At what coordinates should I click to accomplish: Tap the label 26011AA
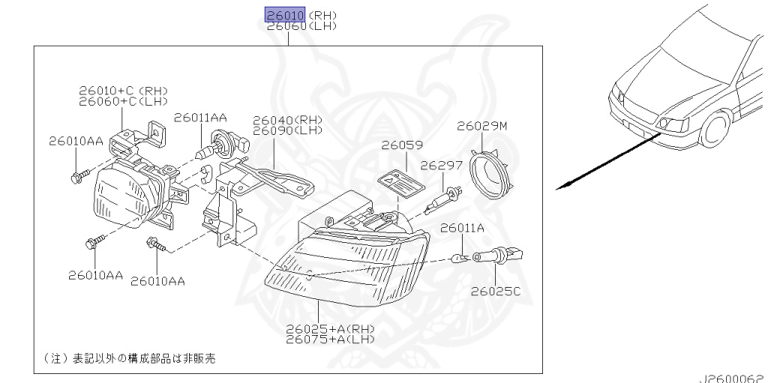(x=200, y=117)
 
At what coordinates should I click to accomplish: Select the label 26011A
(x=462, y=227)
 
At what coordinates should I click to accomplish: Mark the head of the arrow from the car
(x=559, y=188)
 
